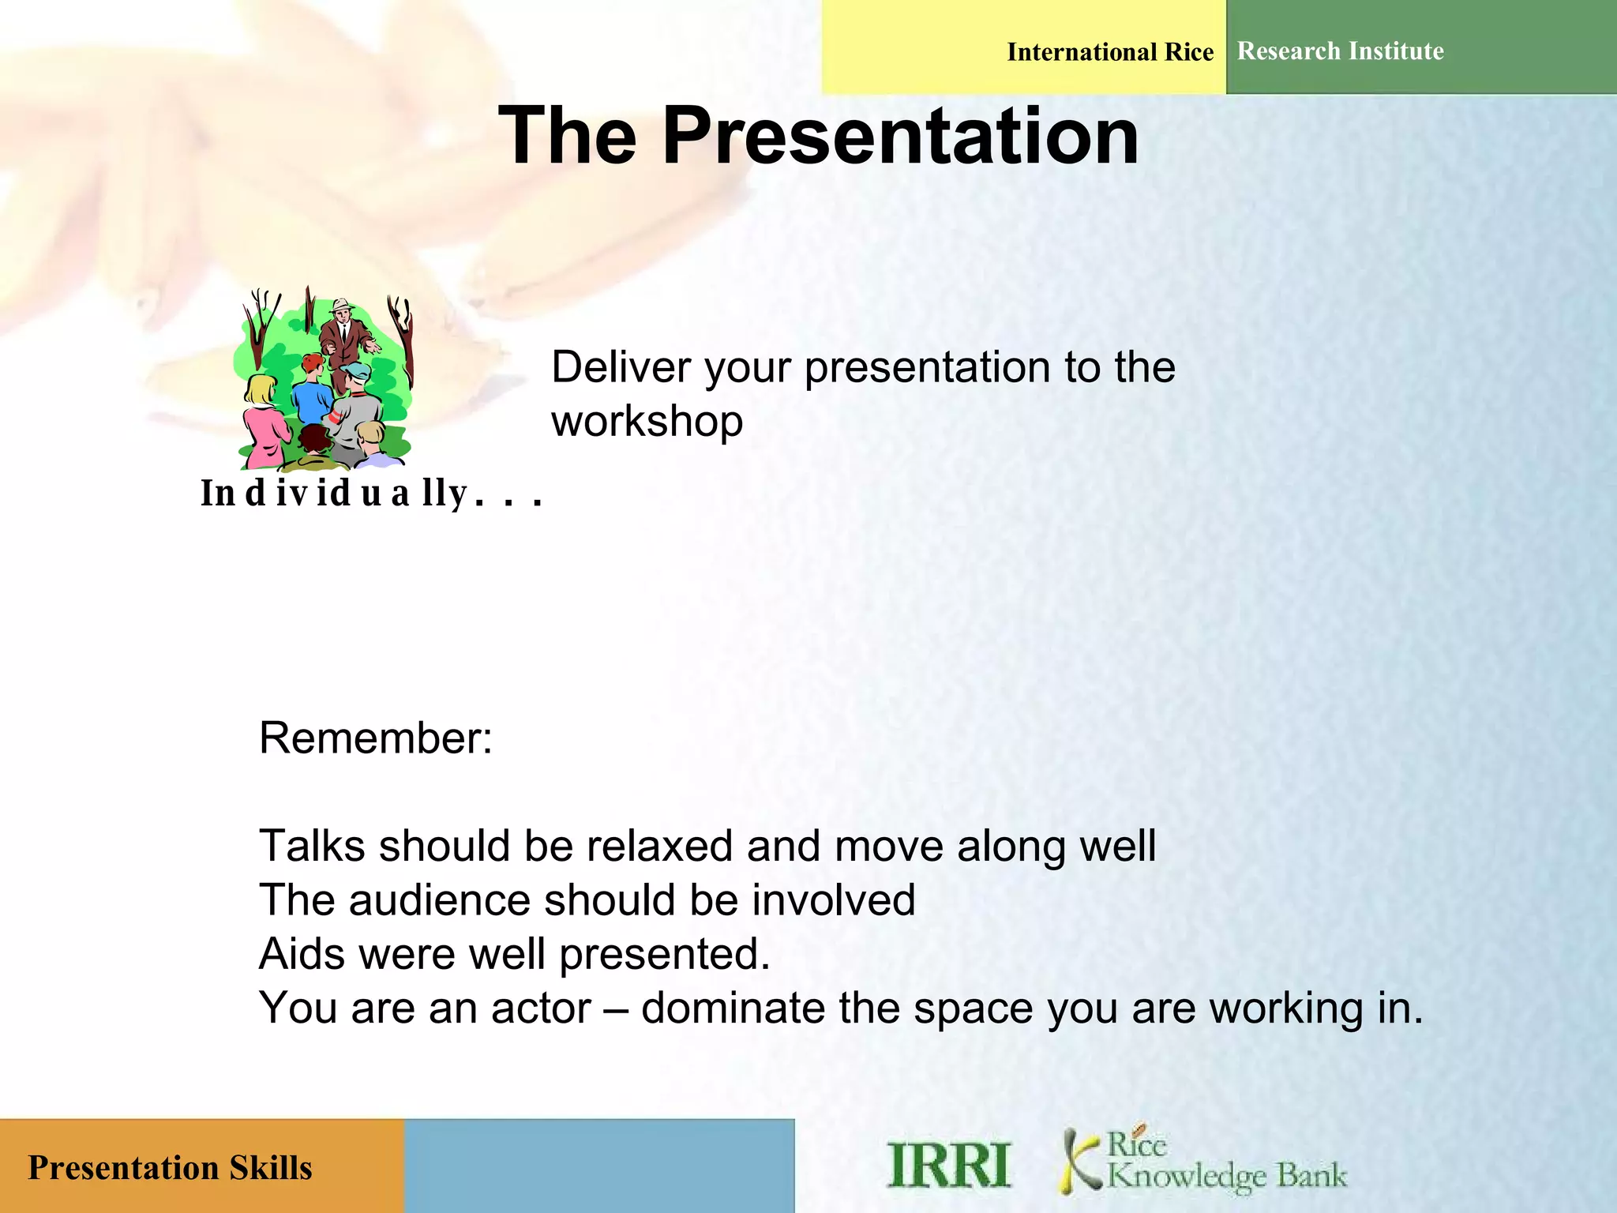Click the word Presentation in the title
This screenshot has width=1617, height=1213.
click(x=900, y=136)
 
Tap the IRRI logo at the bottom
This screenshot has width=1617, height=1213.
click(x=948, y=1165)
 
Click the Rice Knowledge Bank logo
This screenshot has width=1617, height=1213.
click(x=1204, y=1161)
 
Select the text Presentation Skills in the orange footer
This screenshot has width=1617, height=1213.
click(x=170, y=1167)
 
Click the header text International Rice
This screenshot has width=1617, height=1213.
click(x=1109, y=52)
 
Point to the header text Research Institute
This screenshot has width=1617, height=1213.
click(x=1340, y=51)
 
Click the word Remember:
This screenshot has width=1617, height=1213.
click(x=376, y=738)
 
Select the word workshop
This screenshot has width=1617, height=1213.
click(x=647, y=420)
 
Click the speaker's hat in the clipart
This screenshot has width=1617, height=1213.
click(x=342, y=304)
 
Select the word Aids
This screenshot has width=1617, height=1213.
click(x=302, y=953)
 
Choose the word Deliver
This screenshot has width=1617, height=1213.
click(x=621, y=367)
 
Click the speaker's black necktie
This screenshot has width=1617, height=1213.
click(x=343, y=330)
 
